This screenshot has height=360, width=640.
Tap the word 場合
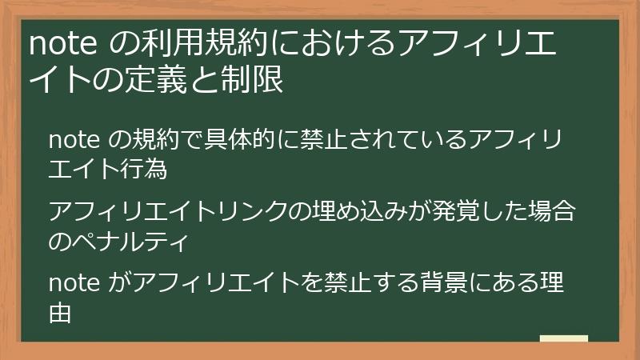[553, 212]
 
